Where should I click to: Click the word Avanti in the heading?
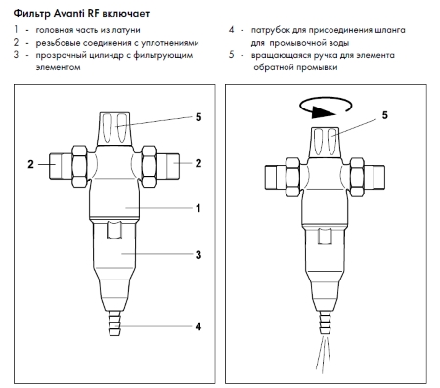[x=68, y=14]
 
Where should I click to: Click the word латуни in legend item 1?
[x=126, y=30]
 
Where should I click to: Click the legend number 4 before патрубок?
[x=231, y=30]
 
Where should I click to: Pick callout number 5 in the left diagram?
[x=198, y=117]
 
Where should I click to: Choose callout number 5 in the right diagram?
[x=385, y=115]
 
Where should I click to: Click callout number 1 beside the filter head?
[x=198, y=208]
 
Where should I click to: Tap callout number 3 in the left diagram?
[x=198, y=255]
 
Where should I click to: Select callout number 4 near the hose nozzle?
[x=198, y=326]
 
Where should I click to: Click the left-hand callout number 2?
[x=30, y=164]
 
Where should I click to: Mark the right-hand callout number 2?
[x=198, y=163]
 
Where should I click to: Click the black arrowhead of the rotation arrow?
[x=323, y=112]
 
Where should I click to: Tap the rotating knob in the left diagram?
[x=114, y=129]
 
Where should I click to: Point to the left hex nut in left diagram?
[x=79, y=166]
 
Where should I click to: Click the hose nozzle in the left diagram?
[x=114, y=323]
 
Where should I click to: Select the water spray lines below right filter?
[x=324, y=353]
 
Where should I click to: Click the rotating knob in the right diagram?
[x=325, y=143]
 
